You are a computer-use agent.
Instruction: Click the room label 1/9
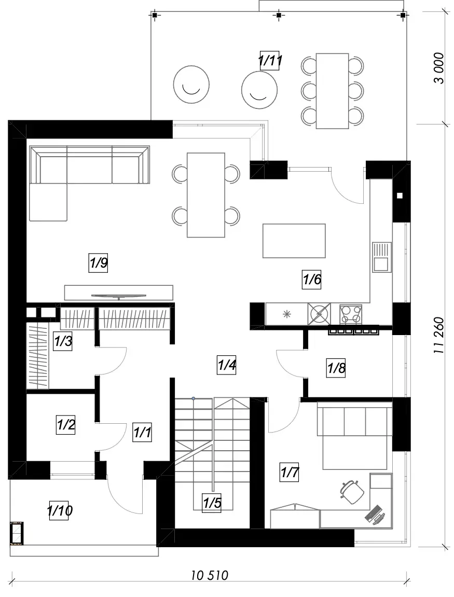pyautogui.click(x=98, y=262)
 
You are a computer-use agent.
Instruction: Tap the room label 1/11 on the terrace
pyautogui.click(x=270, y=61)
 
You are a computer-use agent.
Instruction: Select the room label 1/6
pyautogui.click(x=311, y=280)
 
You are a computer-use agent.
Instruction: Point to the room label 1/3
pyautogui.click(x=63, y=341)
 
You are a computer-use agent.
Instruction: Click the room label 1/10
pyautogui.click(x=60, y=510)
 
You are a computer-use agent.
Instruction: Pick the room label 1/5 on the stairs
pyautogui.click(x=212, y=503)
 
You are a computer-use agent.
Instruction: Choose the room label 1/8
pyautogui.click(x=336, y=368)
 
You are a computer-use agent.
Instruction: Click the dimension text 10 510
pyautogui.click(x=210, y=575)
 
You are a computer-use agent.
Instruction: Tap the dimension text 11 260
pyautogui.click(x=439, y=335)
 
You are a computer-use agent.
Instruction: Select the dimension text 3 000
pyautogui.click(x=439, y=68)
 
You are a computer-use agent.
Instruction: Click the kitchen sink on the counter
pyautogui.click(x=382, y=257)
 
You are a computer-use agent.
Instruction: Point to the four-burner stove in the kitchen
pyautogui.click(x=351, y=314)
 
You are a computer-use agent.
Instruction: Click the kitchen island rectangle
pyautogui.click(x=294, y=241)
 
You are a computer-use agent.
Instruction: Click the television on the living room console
pyautogui.click(x=118, y=296)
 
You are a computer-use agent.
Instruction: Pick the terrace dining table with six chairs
pyautogui.click(x=332, y=91)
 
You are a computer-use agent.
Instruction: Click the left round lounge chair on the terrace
pyautogui.click(x=191, y=85)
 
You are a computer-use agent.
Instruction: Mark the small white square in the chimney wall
pyautogui.click(x=400, y=196)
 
